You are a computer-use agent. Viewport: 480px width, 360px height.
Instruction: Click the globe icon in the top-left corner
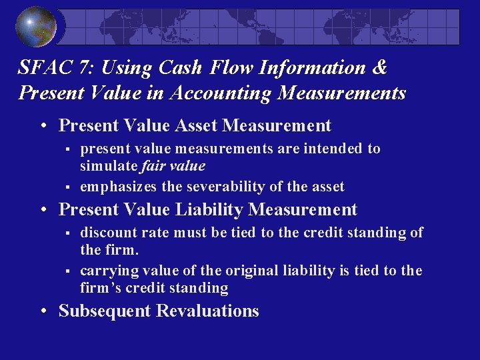pos(36,27)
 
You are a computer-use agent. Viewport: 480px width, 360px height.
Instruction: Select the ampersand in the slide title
pos(379,67)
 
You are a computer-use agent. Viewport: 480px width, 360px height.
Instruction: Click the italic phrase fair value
pos(178,165)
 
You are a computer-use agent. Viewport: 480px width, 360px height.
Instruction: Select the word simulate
pos(108,165)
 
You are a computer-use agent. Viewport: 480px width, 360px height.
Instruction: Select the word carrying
pos(105,271)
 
